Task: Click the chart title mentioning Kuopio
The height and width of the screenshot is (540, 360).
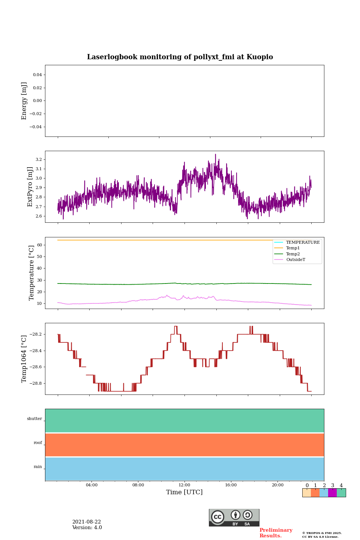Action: pyautogui.click(x=180, y=57)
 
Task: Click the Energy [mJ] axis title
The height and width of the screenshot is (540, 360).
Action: pyautogui.click(x=24, y=101)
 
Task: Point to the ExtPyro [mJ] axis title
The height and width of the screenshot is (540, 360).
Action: pyautogui.click(x=30, y=187)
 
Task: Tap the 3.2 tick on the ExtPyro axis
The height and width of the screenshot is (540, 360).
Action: pyautogui.click(x=39, y=160)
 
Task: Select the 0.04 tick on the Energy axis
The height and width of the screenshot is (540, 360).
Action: pyautogui.click(x=37, y=75)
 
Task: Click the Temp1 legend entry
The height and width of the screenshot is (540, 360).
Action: pyautogui.click(x=293, y=248)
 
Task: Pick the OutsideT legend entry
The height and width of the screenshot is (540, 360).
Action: pyautogui.click(x=295, y=260)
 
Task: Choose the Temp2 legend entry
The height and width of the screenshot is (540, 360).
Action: pyautogui.click(x=293, y=254)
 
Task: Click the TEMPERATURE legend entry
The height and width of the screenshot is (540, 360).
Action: pyautogui.click(x=303, y=243)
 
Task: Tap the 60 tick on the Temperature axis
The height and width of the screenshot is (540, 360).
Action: pyautogui.click(x=39, y=245)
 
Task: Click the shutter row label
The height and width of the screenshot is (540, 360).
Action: pyautogui.click(x=34, y=419)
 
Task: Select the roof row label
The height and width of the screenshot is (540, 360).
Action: pyautogui.click(x=38, y=443)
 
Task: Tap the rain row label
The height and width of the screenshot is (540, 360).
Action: pyautogui.click(x=38, y=467)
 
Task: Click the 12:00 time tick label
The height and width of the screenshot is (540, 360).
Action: pyautogui.click(x=184, y=485)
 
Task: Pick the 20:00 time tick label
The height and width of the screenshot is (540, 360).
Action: pyautogui.click(x=277, y=485)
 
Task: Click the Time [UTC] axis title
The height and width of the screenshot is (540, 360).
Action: pyautogui.click(x=184, y=492)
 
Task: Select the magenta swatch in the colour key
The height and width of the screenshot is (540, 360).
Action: pyautogui.click(x=332, y=493)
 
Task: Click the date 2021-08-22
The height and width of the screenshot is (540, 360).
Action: pyautogui.click(x=87, y=522)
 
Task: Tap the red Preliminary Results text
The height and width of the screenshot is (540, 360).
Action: pyautogui.click(x=276, y=533)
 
